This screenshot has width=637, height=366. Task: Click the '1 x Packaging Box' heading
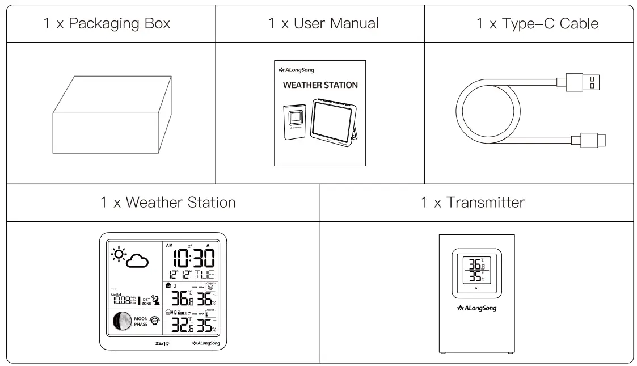(x=108, y=25)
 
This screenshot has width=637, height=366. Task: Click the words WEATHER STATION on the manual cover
(x=321, y=86)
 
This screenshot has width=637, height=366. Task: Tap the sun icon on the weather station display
(x=119, y=254)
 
